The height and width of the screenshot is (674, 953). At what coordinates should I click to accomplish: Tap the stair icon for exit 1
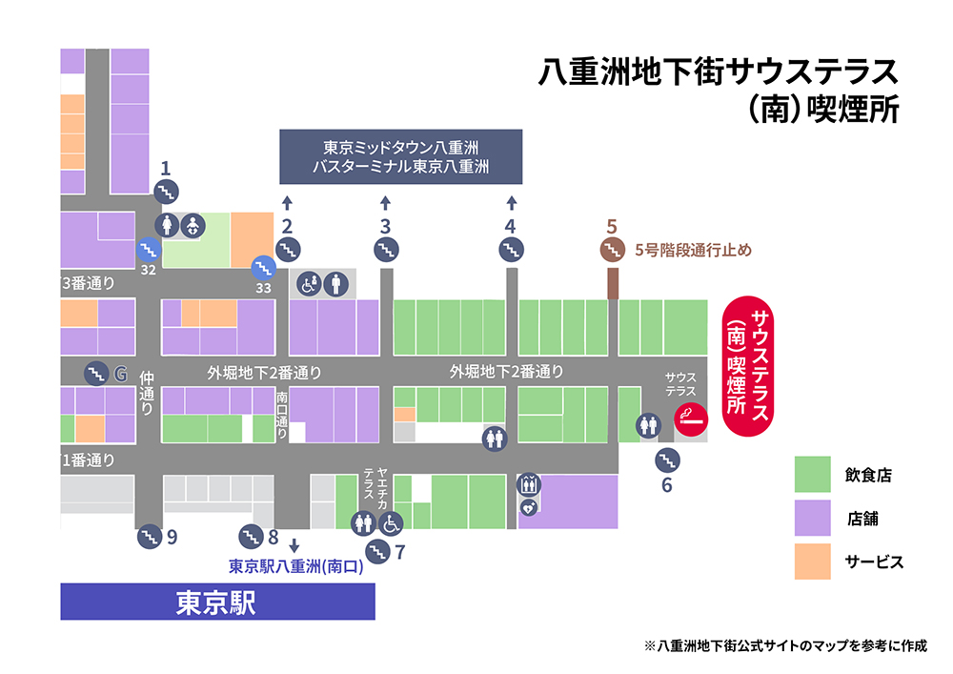[166, 192]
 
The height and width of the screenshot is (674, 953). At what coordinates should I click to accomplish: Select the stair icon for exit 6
[667, 460]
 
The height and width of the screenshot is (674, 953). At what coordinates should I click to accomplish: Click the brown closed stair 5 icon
[612, 250]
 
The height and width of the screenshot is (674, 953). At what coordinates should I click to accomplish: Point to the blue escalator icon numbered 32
[148, 250]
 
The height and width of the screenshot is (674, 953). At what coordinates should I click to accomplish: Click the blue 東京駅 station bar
[217, 603]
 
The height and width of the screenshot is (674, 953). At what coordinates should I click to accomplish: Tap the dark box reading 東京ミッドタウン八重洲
[401, 156]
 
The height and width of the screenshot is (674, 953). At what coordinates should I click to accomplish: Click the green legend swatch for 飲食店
[814, 475]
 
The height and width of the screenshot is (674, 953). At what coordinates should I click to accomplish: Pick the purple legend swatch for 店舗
[814, 519]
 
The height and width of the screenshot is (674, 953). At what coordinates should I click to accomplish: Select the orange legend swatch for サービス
[814, 562]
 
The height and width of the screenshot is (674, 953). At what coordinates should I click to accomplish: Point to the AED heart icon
[529, 507]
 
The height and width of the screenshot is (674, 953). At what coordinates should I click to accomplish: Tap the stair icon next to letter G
[96, 372]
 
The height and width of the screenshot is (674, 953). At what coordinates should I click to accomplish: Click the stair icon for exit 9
[149, 536]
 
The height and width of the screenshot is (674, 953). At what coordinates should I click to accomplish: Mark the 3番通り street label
[88, 283]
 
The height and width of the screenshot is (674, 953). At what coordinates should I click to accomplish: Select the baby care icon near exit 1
[192, 226]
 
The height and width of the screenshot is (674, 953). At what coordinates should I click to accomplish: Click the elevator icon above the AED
[529, 484]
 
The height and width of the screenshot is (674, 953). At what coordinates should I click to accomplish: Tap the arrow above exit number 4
[512, 202]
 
